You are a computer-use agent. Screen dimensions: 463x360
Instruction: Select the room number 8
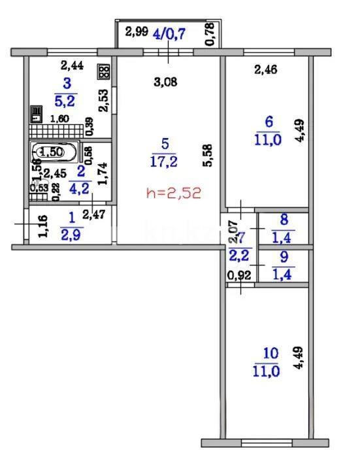coord(283,220)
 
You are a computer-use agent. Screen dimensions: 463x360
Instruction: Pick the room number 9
coord(283,256)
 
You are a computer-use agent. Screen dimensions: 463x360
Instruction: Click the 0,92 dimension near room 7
coord(238,275)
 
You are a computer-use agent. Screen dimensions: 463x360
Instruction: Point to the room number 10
coord(270,353)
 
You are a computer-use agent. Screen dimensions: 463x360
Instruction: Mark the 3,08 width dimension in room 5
coord(165,82)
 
